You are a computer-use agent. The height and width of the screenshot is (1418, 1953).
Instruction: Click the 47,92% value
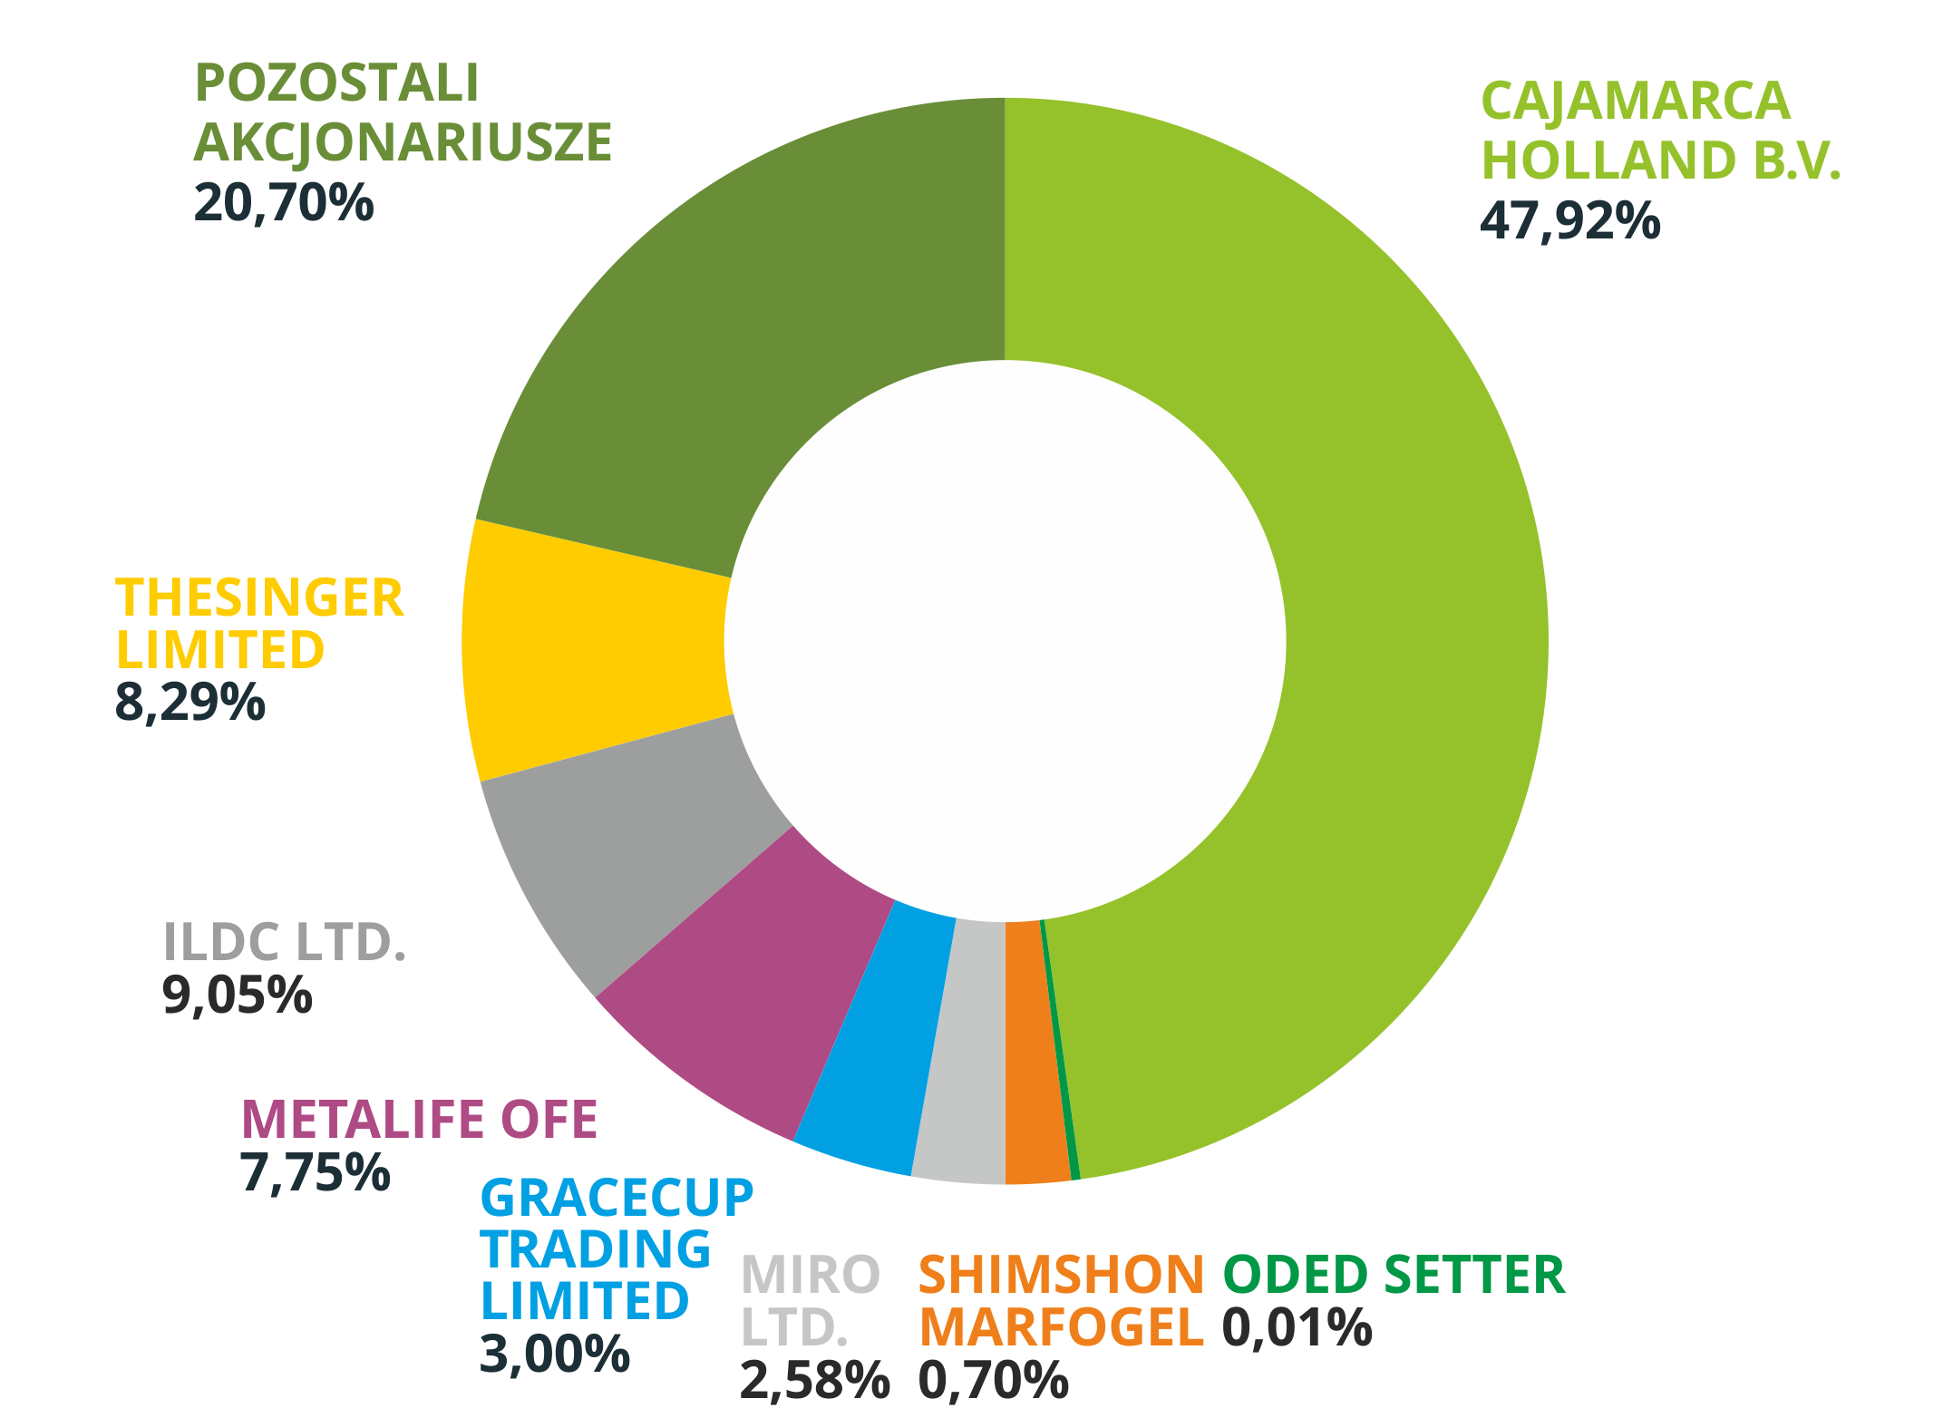click(1569, 220)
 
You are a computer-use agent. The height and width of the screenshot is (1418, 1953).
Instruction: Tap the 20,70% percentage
click(283, 202)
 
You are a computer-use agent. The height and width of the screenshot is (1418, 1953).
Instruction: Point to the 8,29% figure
click(189, 703)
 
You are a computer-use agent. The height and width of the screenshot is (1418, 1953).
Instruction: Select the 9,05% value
click(237, 996)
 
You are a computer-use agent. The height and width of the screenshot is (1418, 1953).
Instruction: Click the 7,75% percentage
click(315, 1172)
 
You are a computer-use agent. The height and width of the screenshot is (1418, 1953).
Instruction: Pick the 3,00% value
click(554, 1355)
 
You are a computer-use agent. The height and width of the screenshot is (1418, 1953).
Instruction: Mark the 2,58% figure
click(814, 1381)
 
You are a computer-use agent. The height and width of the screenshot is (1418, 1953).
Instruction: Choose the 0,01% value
click(1297, 1327)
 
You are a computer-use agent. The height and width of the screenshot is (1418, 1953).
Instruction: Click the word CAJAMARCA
click(1635, 101)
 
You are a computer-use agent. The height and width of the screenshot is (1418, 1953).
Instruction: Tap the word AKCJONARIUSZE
click(403, 142)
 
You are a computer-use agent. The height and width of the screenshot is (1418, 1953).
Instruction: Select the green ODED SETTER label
click(1394, 1275)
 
